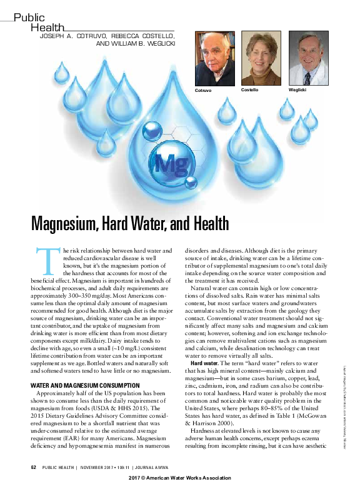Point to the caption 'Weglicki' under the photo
[x=297, y=91]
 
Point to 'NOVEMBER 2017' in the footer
[x=102, y=467]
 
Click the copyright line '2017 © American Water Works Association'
[x=180, y=478]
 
